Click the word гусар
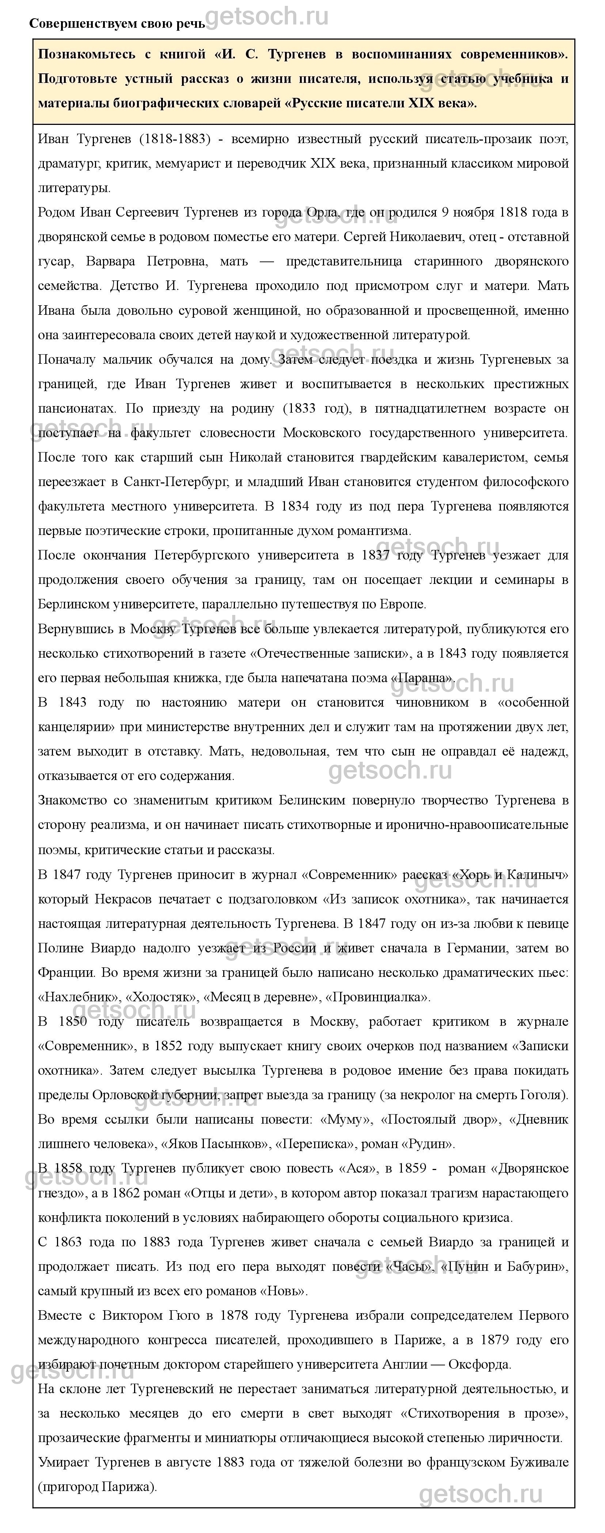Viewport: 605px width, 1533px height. pos(56,261)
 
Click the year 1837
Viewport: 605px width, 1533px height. pos(376,555)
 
